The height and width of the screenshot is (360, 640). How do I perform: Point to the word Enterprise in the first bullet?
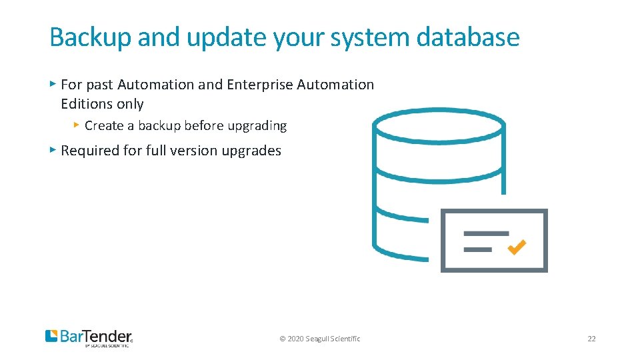[260, 85]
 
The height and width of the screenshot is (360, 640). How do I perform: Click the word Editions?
[84, 104]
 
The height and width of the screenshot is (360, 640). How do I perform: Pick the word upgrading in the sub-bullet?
[257, 125]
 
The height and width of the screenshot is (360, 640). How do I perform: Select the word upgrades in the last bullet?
[252, 151]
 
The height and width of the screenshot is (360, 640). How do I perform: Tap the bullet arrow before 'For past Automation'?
[53, 84]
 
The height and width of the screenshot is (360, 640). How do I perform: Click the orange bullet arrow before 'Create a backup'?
[77, 125]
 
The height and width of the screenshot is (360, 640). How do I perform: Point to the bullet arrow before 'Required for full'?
[53, 150]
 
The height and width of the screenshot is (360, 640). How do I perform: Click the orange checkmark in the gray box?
[517, 247]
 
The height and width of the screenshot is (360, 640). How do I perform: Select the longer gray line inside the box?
[486, 234]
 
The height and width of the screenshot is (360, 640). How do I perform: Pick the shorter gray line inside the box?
[477, 249]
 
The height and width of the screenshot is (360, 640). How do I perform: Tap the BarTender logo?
[89, 337]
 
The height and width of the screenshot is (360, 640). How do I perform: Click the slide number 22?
[591, 339]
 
